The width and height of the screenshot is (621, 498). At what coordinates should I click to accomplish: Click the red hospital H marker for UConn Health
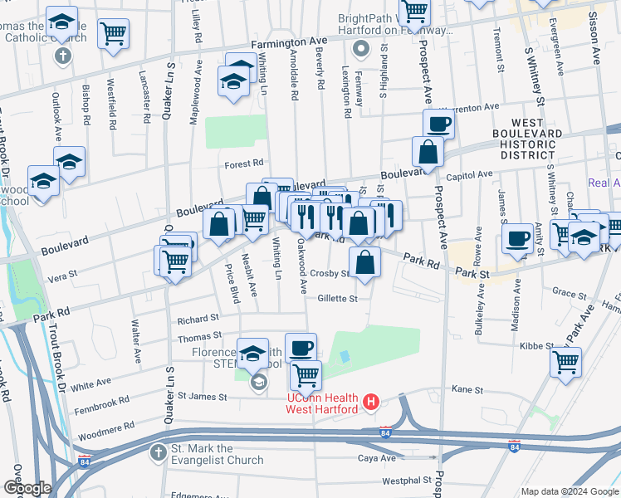(371, 403)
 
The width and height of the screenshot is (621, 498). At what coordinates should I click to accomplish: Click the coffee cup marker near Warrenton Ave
(438, 124)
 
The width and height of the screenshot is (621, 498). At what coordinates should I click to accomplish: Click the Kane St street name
(467, 388)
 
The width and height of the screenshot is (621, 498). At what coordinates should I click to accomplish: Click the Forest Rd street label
(243, 164)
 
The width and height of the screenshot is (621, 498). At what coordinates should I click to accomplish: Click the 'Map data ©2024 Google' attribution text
(570, 491)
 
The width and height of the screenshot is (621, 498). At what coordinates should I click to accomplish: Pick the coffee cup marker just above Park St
(517, 239)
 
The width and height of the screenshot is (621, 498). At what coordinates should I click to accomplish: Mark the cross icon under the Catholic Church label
(61, 56)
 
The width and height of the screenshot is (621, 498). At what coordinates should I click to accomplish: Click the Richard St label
(198, 318)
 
